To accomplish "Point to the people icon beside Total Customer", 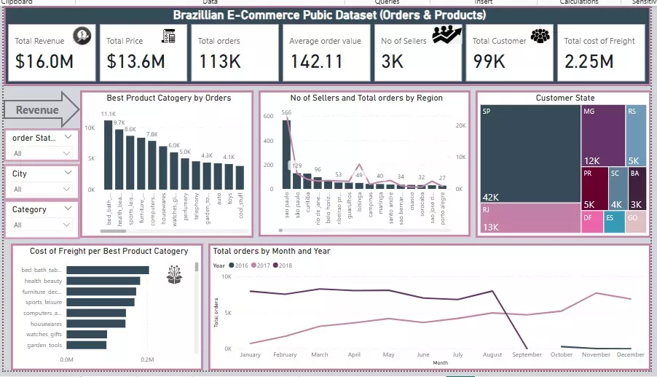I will coord(540,36).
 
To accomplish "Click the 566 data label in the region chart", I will coord(286,113).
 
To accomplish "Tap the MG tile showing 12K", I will coord(602,135).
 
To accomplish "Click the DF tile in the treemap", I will coord(591,222).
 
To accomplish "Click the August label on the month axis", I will coord(492,355).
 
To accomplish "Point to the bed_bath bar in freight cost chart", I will coord(108,270).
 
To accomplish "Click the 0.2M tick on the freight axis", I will coord(147,359).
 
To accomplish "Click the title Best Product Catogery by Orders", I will coord(168,98).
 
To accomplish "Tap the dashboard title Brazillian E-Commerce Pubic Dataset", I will coord(329,15).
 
